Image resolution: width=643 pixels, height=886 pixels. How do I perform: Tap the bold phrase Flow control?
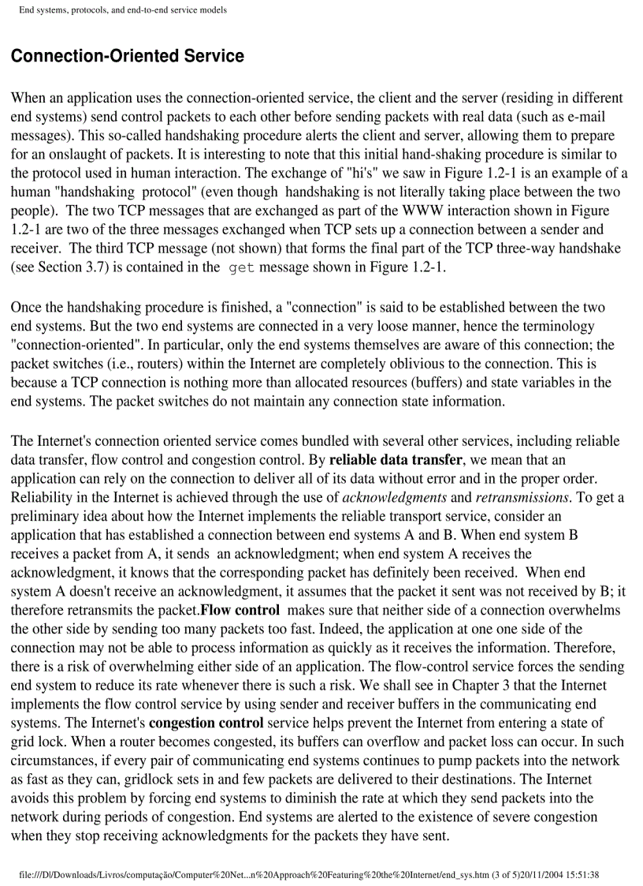[240, 611]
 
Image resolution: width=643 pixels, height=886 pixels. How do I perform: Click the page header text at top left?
[123, 10]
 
